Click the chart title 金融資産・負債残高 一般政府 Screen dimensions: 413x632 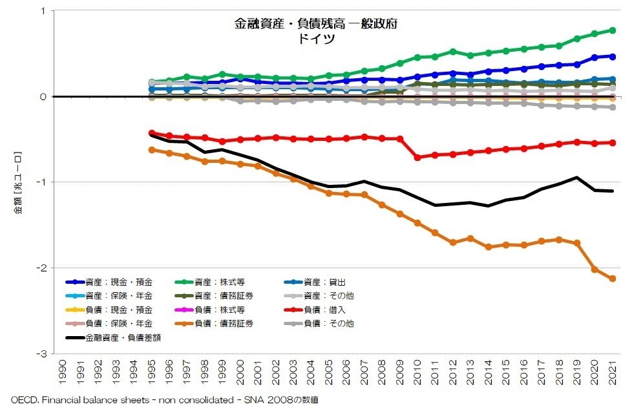click(x=315, y=25)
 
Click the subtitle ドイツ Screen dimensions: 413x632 click(x=315, y=38)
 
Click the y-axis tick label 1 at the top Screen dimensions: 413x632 click(x=43, y=11)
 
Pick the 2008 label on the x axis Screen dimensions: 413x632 click(x=382, y=371)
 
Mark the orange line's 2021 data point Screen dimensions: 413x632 click(x=613, y=279)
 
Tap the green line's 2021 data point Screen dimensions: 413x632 click(x=613, y=30)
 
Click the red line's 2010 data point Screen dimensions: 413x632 click(x=417, y=158)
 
